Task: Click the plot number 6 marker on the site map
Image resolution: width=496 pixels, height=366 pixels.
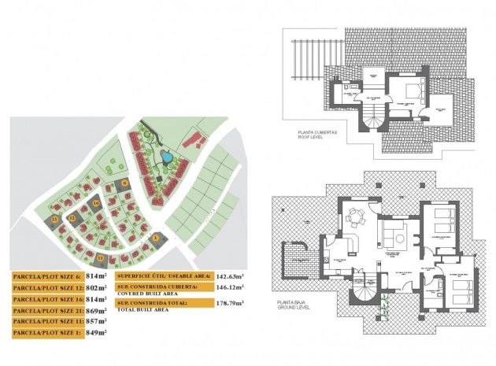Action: click(x=125, y=183)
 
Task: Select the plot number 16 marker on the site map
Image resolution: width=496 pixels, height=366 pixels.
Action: click(x=96, y=203)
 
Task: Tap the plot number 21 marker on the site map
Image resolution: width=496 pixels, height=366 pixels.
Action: click(x=54, y=217)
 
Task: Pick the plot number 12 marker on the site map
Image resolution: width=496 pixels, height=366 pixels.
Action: click(x=72, y=217)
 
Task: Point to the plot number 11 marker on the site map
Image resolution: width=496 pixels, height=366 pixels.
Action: click(x=101, y=257)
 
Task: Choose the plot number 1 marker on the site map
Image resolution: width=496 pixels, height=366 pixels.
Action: click(x=156, y=237)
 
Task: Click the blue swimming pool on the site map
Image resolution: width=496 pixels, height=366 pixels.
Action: click(x=168, y=157)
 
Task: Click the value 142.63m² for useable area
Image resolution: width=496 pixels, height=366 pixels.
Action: click(x=229, y=276)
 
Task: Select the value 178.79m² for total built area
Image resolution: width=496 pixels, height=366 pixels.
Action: click(x=229, y=303)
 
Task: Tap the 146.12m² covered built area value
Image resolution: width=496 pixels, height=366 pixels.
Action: click(x=229, y=289)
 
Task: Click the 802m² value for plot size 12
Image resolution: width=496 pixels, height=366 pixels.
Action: click(x=96, y=288)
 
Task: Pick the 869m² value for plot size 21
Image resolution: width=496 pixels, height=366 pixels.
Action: click(x=96, y=311)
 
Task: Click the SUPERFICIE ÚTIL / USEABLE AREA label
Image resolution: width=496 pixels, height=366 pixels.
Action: click(x=163, y=276)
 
